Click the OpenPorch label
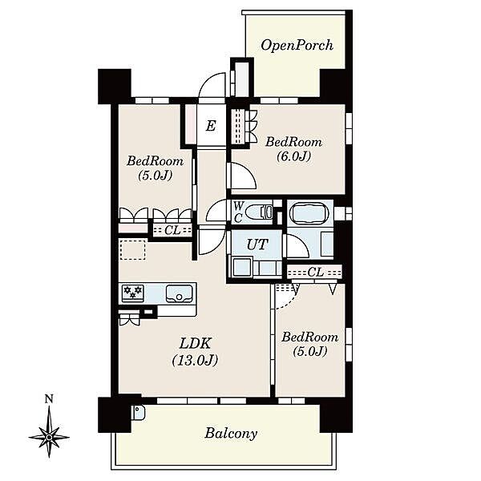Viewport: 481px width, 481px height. [297, 45]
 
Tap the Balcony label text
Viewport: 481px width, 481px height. [231, 433]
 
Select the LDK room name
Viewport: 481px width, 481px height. [195, 343]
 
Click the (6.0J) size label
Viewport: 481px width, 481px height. [293, 156]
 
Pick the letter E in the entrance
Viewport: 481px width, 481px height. [211, 126]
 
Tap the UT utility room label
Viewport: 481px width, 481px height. [257, 245]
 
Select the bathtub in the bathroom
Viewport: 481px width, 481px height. [309, 212]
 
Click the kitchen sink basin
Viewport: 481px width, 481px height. [180, 293]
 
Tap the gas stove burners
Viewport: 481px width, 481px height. [133, 292]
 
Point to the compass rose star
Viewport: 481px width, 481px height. [49, 436]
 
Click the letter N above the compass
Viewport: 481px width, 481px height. [49, 399]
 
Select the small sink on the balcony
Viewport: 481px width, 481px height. [139, 413]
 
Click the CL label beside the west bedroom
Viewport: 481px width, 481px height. [172, 230]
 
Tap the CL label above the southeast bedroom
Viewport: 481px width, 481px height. [315, 272]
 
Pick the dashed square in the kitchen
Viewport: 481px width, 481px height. [132, 250]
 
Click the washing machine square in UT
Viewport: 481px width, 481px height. [242, 267]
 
